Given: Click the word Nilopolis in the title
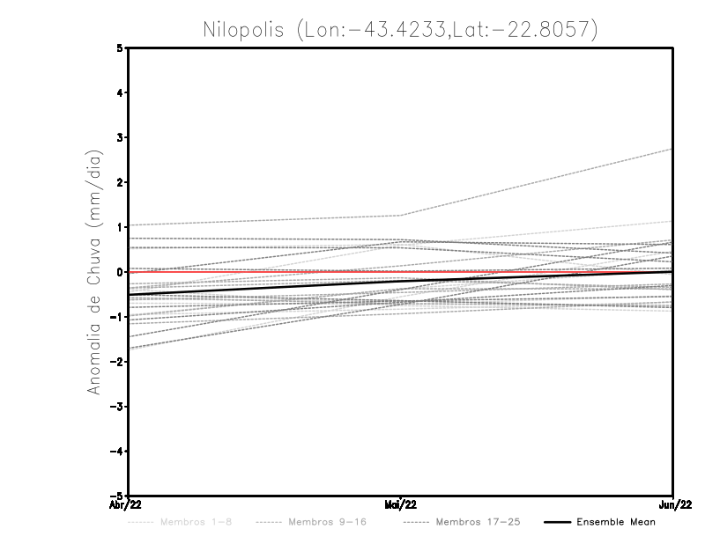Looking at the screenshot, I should point(249,29).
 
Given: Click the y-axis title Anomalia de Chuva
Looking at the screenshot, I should point(93,272).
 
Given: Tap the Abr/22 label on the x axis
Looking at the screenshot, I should point(124,505).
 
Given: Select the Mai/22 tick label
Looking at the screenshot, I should point(401,505).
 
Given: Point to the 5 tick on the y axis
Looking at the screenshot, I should point(121,48).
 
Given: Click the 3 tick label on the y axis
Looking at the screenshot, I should point(121,137).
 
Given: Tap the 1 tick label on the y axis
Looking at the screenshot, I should point(121,227).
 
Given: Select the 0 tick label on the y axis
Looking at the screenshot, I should point(121,272).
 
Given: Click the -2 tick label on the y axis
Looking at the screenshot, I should point(118,361).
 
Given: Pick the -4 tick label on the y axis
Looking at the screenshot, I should point(118,451).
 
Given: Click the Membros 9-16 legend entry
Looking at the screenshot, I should point(327,522).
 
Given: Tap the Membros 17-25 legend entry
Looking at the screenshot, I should point(478,522).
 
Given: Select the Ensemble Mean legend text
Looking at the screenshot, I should point(616,522).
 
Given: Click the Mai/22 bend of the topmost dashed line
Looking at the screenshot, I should point(401,216).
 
